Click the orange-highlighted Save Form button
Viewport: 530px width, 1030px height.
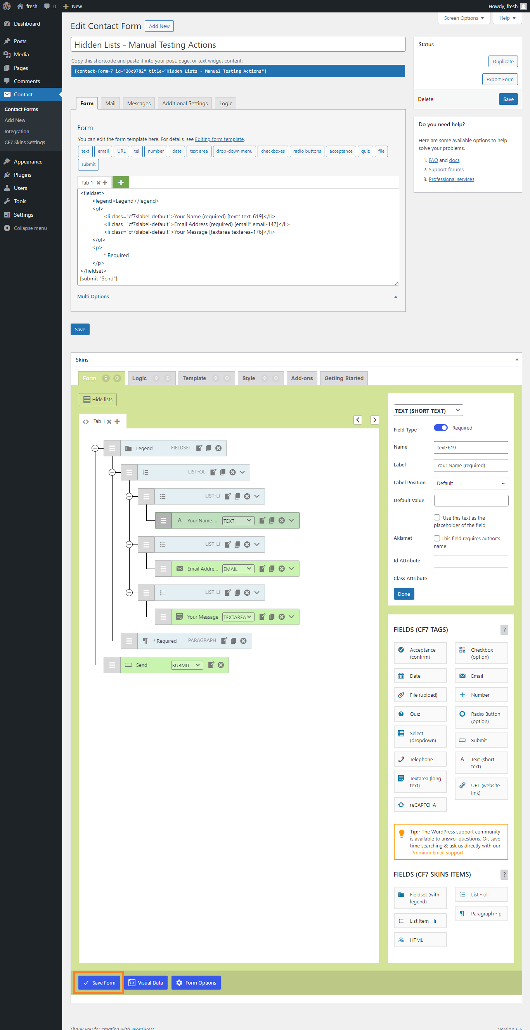tap(99, 982)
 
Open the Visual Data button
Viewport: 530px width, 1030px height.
tap(146, 982)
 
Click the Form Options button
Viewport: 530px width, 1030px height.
tap(196, 982)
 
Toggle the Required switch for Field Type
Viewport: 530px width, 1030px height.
tap(440, 428)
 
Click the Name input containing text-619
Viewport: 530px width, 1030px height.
tap(471, 447)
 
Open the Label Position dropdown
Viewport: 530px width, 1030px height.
tap(471, 483)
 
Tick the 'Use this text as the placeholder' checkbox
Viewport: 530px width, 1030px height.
tap(437, 517)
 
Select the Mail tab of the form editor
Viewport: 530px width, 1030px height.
tap(110, 103)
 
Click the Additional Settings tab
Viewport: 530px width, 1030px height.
tap(185, 103)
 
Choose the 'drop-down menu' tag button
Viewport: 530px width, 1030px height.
tap(234, 151)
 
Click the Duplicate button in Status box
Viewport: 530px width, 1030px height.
tap(502, 62)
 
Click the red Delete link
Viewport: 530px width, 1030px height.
tap(425, 99)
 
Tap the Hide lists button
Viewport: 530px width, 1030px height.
tap(98, 399)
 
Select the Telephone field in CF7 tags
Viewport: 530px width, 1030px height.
tap(420, 759)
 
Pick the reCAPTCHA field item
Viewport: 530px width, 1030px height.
tap(420, 804)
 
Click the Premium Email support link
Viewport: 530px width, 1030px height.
tap(437, 853)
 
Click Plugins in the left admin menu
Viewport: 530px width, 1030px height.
tap(23, 175)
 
